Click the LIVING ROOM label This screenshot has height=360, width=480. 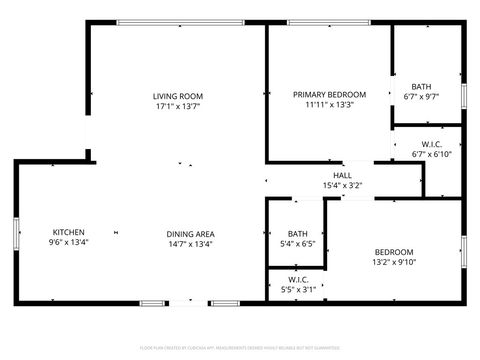pyautogui.click(x=178, y=96)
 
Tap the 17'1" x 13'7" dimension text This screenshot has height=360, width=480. pyautogui.click(x=178, y=106)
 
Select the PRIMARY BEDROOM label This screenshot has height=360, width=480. pyautogui.click(x=329, y=94)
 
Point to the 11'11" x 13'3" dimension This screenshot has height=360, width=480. pyautogui.click(x=329, y=104)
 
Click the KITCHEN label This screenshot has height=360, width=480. pyautogui.click(x=69, y=232)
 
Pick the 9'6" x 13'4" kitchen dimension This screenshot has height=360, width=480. pyautogui.click(x=69, y=242)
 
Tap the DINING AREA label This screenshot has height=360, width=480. pyautogui.click(x=190, y=233)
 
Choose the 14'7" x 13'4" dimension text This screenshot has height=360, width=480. pyautogui.click(x=190, y=243)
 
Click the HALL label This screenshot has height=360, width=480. pyautogui.click(x=342, y=175)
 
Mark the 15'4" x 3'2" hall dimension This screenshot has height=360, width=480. pyautogui.click(x=342, y=185)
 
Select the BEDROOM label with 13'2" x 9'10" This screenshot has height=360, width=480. pyautogui.click(x=394, y=252)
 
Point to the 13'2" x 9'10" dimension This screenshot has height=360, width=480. pyautogui.click(x=394, y=262)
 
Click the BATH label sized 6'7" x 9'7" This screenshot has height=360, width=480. pyautogui.click(x=421, y=87)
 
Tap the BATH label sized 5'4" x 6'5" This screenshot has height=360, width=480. pyautogui.click(x=297, y=233)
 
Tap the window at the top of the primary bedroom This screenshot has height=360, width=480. pyautogui.click(x=328, y=23)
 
